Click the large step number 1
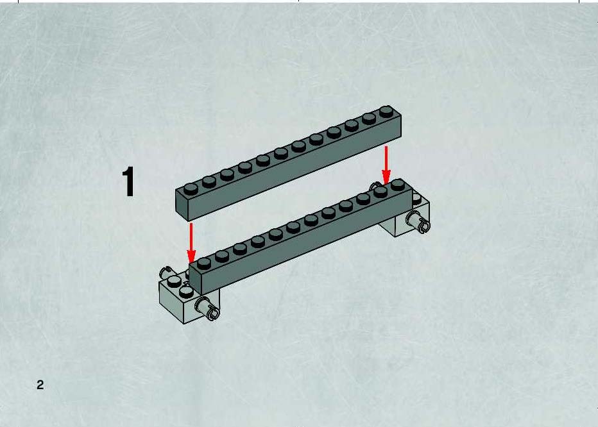click(x=128, y=182)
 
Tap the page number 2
click(x=40, y=385)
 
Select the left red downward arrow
click(x=191, y=243)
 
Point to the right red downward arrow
click(x=386, y=165)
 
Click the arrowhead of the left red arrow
click(x=191, y=256)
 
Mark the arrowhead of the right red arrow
click(x=386, y=178)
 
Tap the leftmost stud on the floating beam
click(x=191, y=188)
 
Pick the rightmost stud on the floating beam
click(x=386, y=111)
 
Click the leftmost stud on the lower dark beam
click(x=203, y=263)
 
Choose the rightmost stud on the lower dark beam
click(x=398, y=185)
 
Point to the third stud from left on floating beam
click(x=227, y=174)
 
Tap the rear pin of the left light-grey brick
click(x=166, y=273)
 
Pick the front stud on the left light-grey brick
click(x=186, y=292)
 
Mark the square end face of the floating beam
click(x=182, y=205)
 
